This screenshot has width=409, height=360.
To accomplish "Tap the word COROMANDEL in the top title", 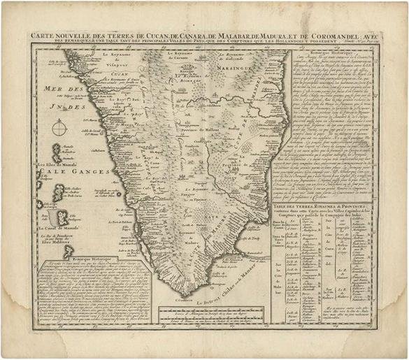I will [323, 35].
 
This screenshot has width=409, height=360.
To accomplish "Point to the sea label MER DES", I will [55, 89].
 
